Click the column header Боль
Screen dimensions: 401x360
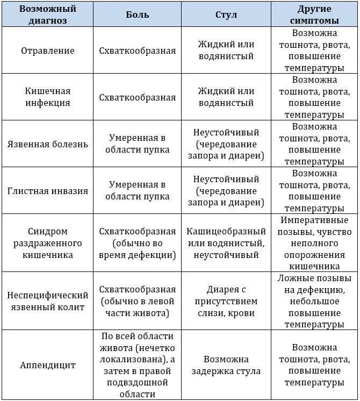click(x=137, y=15)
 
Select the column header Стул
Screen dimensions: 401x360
click(x=226, y=15)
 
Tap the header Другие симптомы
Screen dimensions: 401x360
click(x=314, y=15)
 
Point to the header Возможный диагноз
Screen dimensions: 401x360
click(x=48, y=15)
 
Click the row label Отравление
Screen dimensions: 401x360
click(x=48, y=51)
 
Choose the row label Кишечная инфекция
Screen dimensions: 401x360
click(x=48, y=97)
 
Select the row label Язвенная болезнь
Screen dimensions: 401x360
click(x=48, y=144)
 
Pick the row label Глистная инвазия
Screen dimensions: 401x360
click(x=48, y=191)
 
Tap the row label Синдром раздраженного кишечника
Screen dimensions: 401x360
click(x=48, y=243)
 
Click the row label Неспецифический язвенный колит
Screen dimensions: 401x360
click(x=48, y=301)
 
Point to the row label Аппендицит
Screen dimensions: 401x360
click(x=48, y=365)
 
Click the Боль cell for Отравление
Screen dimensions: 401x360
click(x=137, y=51)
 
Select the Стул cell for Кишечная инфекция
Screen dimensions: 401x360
click(x=226, y=97)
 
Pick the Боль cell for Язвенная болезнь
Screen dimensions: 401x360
click(x=137, y=144)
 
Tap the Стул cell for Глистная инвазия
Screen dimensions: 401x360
click(x=226, y=191)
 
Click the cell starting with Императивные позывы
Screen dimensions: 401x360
click(x=314, y=243)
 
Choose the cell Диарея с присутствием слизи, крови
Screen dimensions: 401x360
click(x=226, y=301)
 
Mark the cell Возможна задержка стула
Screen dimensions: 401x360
click(x=226, y=365)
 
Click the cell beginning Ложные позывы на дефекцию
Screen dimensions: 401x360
click(x=314, y=301)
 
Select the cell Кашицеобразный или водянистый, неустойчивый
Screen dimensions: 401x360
click(x=226, y=243)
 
